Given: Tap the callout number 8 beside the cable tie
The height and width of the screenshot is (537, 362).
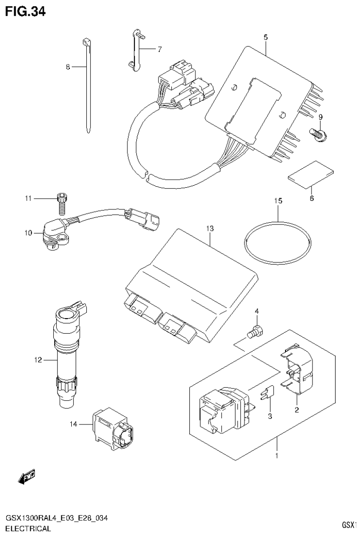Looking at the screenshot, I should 68,68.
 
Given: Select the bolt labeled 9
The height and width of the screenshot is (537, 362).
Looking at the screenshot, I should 320,135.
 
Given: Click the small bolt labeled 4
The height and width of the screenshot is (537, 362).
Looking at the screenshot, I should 255,332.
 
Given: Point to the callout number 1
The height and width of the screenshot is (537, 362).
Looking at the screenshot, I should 277,456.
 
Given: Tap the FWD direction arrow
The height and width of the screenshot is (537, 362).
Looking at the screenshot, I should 27,478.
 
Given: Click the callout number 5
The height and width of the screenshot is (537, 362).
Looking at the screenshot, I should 266,36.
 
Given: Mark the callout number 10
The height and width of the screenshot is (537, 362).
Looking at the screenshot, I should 28,233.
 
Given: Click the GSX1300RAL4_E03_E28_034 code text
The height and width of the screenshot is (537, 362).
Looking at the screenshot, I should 56,519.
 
